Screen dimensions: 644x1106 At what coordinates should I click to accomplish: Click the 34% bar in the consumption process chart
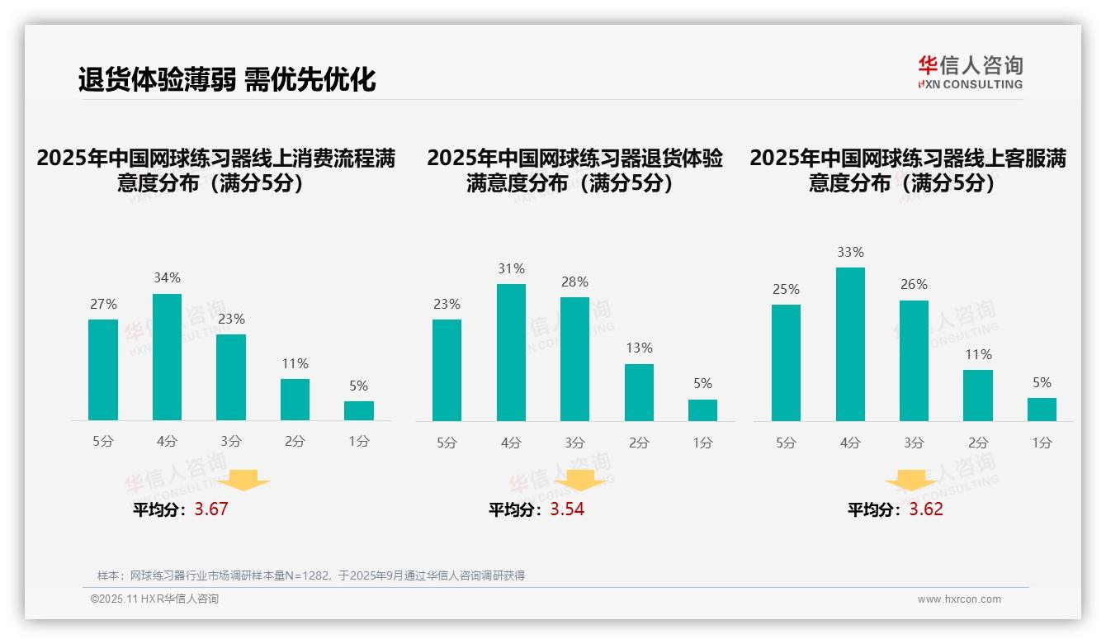(167, 358)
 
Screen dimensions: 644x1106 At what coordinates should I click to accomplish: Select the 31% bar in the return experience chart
(511, 353)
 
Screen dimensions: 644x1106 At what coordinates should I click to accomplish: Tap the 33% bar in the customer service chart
(850, 344)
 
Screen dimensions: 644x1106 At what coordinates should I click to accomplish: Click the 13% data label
(639, 348)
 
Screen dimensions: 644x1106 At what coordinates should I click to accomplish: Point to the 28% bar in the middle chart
(574, 359)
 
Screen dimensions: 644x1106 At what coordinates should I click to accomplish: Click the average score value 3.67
(211, 509)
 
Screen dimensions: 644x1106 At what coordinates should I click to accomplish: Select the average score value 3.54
(567, 509)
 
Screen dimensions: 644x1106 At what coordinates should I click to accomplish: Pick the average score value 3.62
(926, 509)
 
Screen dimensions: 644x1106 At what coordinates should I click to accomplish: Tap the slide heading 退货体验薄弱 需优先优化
(227, 79)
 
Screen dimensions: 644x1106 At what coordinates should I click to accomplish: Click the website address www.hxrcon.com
(959, 599)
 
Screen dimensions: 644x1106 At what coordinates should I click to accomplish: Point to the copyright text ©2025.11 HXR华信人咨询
(154, 599)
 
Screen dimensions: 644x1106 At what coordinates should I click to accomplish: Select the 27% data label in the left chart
(103, 305)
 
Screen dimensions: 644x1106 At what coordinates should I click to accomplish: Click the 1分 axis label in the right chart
(1042, 443)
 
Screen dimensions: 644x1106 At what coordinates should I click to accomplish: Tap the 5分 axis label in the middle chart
(447, 443)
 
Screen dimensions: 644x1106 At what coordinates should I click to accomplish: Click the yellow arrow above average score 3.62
(911, 481)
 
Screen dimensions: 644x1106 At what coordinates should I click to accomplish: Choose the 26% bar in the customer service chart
(914, 361)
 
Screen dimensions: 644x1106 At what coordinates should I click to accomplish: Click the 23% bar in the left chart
(231, 377)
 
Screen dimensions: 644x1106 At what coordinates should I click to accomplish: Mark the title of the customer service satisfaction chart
(907, 170)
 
